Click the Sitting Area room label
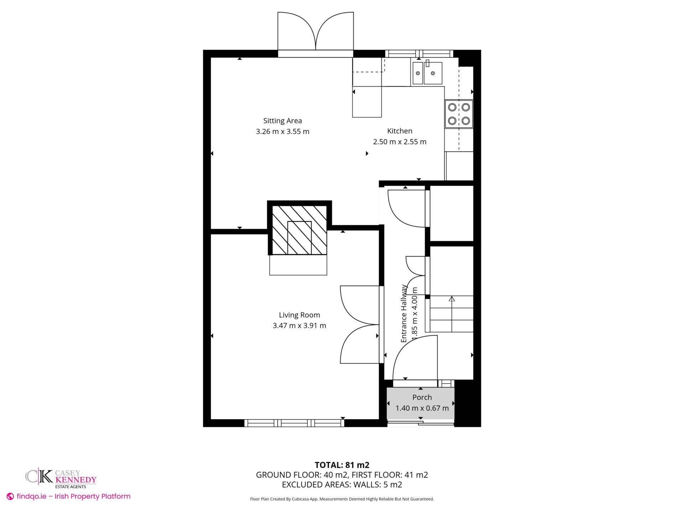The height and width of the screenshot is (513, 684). pyautogui.click(x=282, y=121)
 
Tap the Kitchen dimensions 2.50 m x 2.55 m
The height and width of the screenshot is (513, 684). pyautogui.click(x=399, y=142)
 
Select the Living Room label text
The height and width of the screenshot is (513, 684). pyautogui.click(x=299, y=315)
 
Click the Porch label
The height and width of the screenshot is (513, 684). pyautogui.click(x=422, y=397)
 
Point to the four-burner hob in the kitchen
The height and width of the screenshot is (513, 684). pyautogui.click(x=458, y=114)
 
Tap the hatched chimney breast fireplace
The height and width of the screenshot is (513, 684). pyautogui.click(x=299, y=230)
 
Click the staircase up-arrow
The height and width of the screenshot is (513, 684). pyautogui.click(x=452, y=299)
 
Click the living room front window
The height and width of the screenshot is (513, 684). pyautogui.click(x=294, y=423)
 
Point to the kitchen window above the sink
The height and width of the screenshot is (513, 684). pyautogui.click(x=419, y=54)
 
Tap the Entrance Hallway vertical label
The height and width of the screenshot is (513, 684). pyautogui.click(x=404, y=313)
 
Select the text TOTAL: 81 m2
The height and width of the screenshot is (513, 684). pyautogui.click(x=342, y=465)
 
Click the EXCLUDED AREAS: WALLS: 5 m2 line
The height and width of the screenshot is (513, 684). pyautogui.click(x=342, y=484)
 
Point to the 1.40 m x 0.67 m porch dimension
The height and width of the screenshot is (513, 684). pyautogui.click(x=422, y=408)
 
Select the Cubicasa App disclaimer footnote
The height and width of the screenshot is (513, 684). pyautogui.click(x=342, y=499)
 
